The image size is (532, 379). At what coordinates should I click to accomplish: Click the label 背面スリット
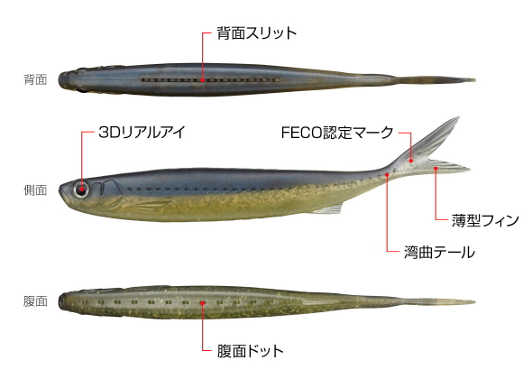[x=257, y=33]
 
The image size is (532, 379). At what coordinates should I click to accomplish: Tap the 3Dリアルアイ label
[x=142, y=132]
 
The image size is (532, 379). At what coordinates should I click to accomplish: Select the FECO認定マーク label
[x=337, y=132]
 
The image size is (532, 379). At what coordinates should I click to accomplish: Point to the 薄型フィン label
[x=485, y=220]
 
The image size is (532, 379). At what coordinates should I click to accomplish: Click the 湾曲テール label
[x=439, y=253]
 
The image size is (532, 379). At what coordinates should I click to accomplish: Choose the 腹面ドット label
[x=251, y=351]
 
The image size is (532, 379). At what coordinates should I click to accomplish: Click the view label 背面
[x=35, y=79]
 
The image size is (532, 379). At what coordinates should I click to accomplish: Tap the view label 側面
[x=35, y=190]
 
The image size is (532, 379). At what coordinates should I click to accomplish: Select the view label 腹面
[x=35, y=301]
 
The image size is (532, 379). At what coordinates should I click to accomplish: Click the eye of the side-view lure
[x=81, y=189]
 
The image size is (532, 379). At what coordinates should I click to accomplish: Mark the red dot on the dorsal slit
[x=203, y=80]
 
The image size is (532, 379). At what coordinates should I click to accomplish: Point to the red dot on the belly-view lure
[x=203, y=302]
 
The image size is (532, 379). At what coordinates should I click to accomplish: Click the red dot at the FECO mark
[x=411, y=161]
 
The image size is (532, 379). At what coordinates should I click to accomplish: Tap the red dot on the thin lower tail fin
[x=436, y=168]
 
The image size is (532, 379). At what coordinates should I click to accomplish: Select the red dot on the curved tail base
[x=387, y=174]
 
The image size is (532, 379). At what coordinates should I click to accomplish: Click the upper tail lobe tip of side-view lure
[x=459, y=117]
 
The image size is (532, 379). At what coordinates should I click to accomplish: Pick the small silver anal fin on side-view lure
[x=328, y=209]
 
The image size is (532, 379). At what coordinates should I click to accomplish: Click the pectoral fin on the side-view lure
[x=150, y=205]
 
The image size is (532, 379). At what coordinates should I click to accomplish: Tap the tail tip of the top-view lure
[x=474, y=80]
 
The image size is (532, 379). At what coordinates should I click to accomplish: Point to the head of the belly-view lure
[x=68, y=300]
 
